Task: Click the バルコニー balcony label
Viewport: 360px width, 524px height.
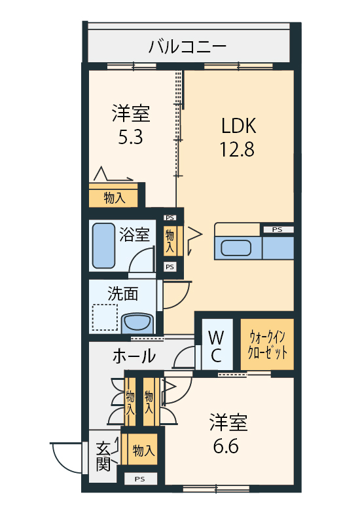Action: tap(187, 47)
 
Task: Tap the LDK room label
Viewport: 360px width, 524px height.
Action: tap(238, 126)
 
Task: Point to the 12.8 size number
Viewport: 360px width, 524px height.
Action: tap(237, 149)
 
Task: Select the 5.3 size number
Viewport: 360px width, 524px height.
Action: tap(130, 137)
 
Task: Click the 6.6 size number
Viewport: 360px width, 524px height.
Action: tap(226, 446)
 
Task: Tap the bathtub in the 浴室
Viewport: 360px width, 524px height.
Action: tap(103, 246)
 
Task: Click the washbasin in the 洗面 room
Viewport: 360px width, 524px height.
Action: tap(137, 324)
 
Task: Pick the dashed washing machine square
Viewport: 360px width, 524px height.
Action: tap(105, 317)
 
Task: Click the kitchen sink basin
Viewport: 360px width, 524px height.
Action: tap(236, 248)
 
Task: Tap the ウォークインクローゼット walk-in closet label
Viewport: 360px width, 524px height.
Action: tap(267, 345)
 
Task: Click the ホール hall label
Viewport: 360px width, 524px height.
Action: tap(134, 356)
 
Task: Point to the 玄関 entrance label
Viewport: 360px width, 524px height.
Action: tap(103, 457)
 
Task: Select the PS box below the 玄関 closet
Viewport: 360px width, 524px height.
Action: tap(140, 479)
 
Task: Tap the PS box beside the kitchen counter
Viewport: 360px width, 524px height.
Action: tap(277, 230)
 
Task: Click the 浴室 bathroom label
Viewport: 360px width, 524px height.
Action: tap(134, 235)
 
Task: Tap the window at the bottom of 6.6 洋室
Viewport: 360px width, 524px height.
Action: tap(216, 489)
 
